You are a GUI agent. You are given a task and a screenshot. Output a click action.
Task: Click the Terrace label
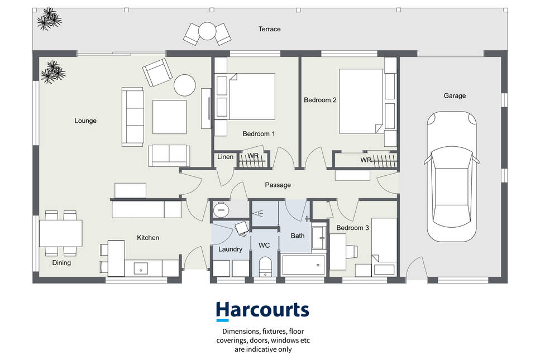[269, 29]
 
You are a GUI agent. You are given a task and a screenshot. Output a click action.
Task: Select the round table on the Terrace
[207, 31]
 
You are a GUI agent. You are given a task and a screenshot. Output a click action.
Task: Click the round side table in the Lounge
[185, 85]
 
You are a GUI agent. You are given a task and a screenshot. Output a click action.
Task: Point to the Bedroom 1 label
[259, 134]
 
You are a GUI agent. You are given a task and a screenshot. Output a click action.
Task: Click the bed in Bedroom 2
[361, 101]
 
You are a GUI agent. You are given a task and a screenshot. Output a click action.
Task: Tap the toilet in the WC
[265, 266]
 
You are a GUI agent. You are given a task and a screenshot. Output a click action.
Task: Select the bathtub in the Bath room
[303, 265]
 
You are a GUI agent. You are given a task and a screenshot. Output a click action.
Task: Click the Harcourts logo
[262, 311]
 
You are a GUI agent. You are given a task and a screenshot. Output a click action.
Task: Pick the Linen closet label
[225, 157]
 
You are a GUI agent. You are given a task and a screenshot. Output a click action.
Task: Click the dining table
[61, 233]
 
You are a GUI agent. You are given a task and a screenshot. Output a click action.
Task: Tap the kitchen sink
[141, 268]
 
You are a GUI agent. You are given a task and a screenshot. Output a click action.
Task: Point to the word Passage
[278, 185]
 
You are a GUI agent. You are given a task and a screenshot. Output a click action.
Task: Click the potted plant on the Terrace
[49, 18]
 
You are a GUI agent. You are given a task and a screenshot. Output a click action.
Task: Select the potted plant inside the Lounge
[53, 72]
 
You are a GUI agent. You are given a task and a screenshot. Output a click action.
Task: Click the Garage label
[455, 96]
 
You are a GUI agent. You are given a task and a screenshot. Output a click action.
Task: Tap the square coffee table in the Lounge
[169, 117]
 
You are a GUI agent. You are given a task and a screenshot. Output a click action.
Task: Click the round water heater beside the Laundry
[221, 209]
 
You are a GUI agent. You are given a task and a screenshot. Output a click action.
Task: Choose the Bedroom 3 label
[353, 228]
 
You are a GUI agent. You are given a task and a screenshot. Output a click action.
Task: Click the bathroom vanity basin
[319, 238]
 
